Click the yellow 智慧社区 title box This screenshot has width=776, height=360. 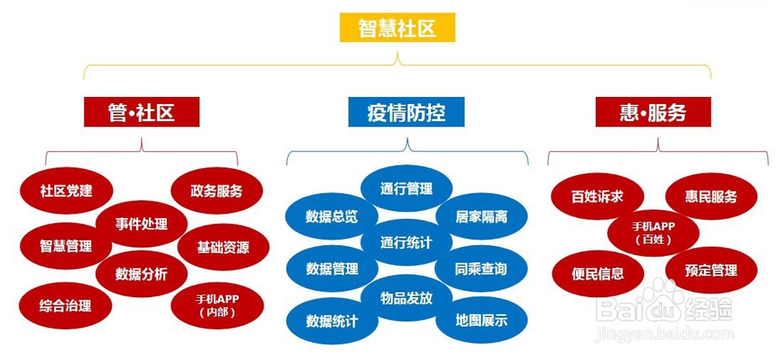click(x=397, y=28)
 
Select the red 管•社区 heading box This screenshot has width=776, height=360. click(x=141, y=112)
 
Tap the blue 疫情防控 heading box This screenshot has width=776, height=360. click(x=407, y=112)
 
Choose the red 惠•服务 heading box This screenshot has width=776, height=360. click(x=653, y=112)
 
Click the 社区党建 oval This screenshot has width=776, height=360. click(x=66, y=191)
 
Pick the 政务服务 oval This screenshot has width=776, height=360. click(x=217, y=191)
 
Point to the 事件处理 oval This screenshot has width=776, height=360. click(x=141, y=224)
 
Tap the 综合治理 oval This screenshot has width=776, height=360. click(x=66, y=306)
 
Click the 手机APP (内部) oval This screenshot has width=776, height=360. click(x=217, y=306)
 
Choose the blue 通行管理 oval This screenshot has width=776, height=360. click(x=407, y=189)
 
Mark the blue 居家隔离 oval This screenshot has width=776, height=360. click(x=482, y=216)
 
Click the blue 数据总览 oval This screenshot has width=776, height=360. click(x=331, y=216)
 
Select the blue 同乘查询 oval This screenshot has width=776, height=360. click(x=481, y=268)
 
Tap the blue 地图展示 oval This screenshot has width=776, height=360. click(x=482, y=320)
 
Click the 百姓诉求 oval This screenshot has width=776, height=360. click(x=598, y=196)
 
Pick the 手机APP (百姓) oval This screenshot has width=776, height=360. click(x=653, y=233)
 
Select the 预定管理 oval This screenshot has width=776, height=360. click(x=711, y=270)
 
